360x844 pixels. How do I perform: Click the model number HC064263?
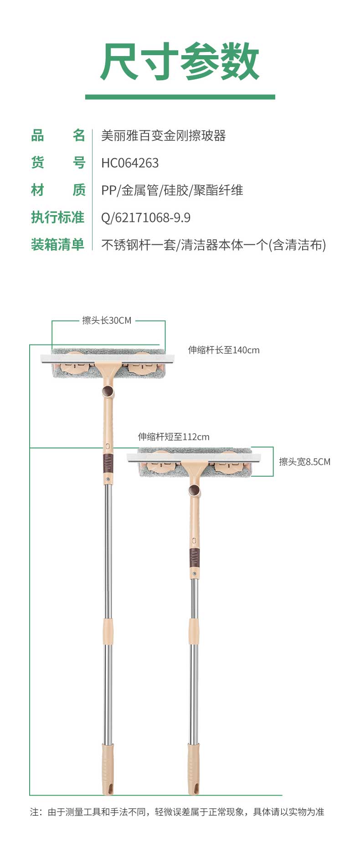130,163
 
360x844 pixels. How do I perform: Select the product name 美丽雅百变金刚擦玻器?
163,135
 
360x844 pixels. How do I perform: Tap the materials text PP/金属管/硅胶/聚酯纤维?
172,190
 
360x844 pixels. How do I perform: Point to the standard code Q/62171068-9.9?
145,217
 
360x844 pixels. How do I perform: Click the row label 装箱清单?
57,245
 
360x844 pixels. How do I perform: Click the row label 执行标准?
57,217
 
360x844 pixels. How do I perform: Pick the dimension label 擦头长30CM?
107,320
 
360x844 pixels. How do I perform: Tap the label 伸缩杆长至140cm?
224,350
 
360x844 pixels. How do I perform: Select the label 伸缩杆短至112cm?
174,437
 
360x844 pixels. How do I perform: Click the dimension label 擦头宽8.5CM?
304,462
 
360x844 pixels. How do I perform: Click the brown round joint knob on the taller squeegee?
108,391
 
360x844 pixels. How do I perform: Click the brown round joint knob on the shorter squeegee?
194,490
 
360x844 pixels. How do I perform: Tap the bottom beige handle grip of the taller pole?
108,769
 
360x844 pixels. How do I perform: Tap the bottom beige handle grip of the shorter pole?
194,769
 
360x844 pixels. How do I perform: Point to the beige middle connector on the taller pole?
108,631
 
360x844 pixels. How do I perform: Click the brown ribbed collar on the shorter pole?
195,557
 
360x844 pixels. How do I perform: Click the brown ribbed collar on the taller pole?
108,463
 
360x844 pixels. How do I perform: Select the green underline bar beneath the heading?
180,97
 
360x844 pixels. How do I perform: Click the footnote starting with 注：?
177,812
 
